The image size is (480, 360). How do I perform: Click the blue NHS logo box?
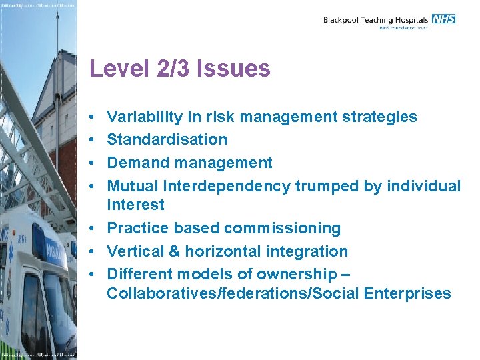click(443, 19)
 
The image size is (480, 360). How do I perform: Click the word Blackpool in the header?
click(343, 20)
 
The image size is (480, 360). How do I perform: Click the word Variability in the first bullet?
click(145, 117)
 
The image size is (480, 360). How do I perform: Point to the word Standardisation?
click(167, 140)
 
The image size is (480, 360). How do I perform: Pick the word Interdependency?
click(227, 186)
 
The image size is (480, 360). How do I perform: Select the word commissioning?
click(282, 228)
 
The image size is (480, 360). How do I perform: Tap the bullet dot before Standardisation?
click(92, 140)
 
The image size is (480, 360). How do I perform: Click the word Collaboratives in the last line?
click(157, 293)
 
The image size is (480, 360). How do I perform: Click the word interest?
click(135, 205)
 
